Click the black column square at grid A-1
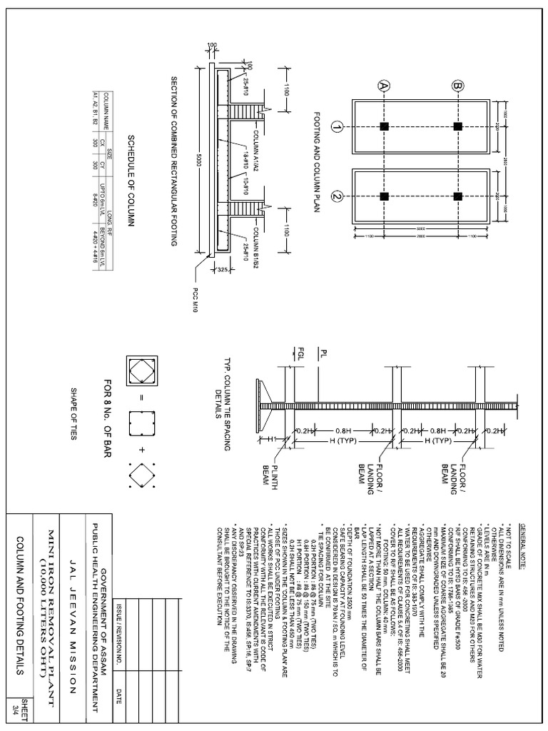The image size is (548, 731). coord(385,126)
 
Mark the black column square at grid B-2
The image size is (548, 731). coord(458,196)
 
